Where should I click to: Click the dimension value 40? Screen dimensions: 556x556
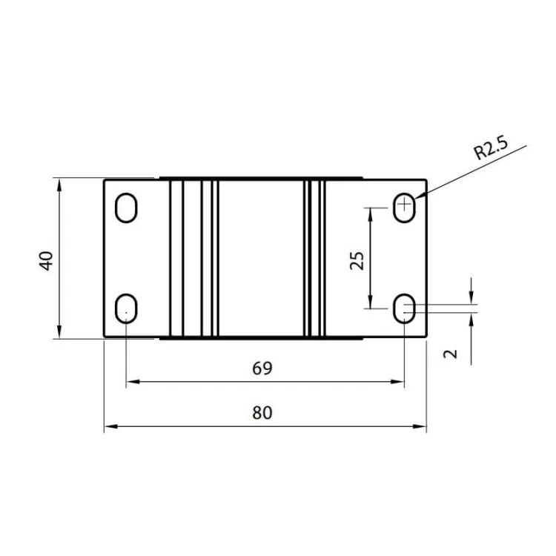[x=47, y=260]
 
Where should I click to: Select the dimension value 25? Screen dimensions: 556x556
[x=357, y=260]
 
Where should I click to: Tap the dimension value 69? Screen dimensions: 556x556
[x=262, y=368]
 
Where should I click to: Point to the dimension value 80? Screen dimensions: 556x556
[x=262, y=413]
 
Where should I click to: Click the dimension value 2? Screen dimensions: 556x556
[x=450, y=354]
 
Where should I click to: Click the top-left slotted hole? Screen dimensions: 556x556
[x=127, y=208]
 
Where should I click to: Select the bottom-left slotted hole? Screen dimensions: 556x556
[x=127, y=308]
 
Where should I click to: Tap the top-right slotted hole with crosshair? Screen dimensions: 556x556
[x=405, y=207]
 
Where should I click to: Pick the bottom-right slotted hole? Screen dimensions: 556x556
[x=405, y=308]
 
